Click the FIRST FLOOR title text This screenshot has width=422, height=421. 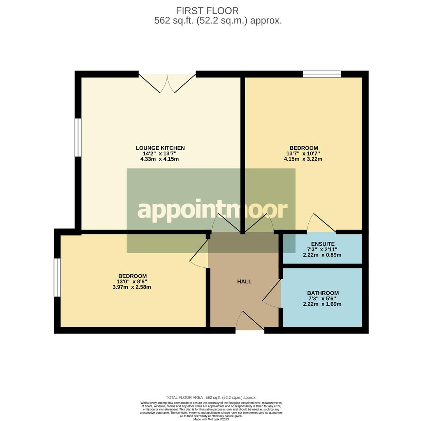207,11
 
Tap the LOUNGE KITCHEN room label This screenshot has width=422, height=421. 160,148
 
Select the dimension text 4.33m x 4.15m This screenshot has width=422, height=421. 159,159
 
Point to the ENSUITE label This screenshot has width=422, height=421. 323,244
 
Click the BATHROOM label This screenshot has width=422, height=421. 323,293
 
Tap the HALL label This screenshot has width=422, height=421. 244,282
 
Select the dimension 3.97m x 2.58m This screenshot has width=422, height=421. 132,287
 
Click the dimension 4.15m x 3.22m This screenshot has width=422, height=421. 303,159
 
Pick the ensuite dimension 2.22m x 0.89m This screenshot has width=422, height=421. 322,255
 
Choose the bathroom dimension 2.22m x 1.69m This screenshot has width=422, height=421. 322,304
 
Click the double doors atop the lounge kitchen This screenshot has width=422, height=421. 167,83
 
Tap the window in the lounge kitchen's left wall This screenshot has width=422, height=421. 78,138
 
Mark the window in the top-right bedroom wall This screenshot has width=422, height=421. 322,74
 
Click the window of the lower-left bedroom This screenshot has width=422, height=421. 57,277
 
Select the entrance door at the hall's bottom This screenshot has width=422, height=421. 250,321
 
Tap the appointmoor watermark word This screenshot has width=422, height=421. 212,210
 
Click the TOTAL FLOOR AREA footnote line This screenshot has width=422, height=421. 211,398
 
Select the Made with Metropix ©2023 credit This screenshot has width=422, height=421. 211,419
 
